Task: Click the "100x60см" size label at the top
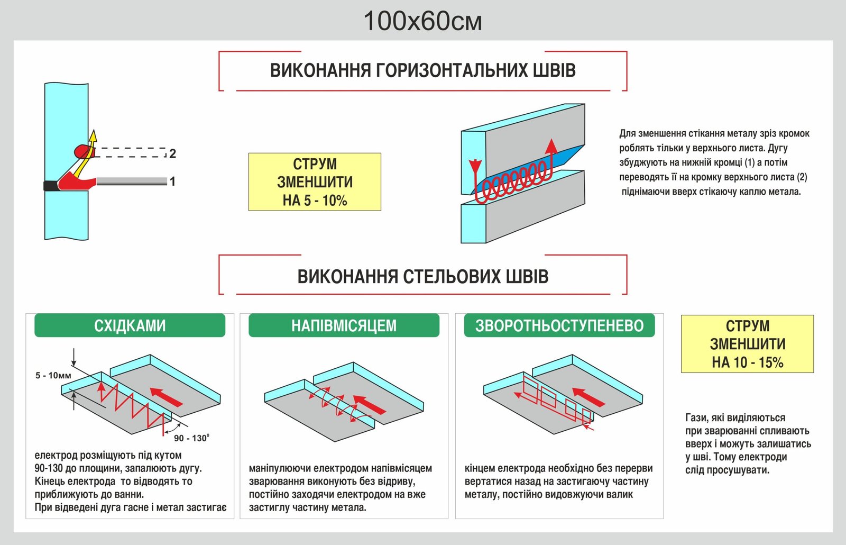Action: pos(422,22)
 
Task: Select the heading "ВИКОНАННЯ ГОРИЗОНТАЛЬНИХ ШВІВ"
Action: pos(422,71)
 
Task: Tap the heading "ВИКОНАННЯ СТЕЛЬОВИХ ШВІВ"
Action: pos(422,276)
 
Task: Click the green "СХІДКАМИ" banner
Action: pos(130,325)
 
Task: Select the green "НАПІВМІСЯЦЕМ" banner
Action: pos(344,325)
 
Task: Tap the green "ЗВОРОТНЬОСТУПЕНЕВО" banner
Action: pos(559,325)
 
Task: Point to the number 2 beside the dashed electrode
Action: pos(172,153)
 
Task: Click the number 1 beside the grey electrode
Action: pos(172,181)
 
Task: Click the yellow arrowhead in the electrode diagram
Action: pos(93,136)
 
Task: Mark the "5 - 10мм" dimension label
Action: pos(53,376)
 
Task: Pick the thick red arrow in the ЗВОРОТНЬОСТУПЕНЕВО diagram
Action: pos(588,397)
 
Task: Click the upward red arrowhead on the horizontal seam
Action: pos(551,146)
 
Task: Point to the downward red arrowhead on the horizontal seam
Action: pos(475,165)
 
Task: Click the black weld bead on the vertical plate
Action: pos(51,186)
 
